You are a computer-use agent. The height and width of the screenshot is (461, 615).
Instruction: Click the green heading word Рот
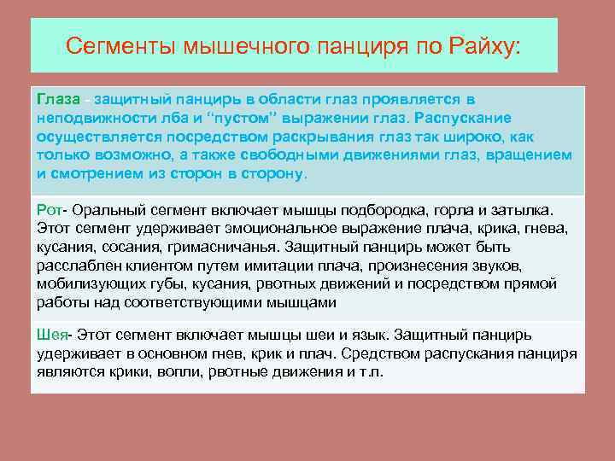50,209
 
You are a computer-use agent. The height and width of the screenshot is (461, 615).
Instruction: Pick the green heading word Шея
52,334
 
